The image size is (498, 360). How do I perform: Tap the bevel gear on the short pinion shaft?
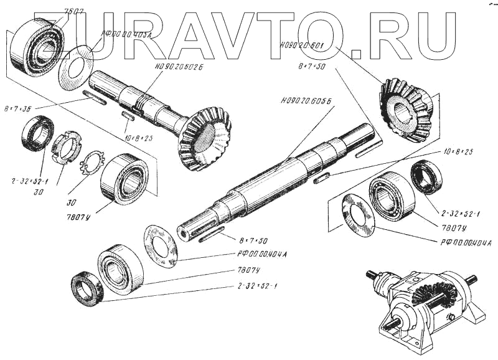(205, 139)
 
